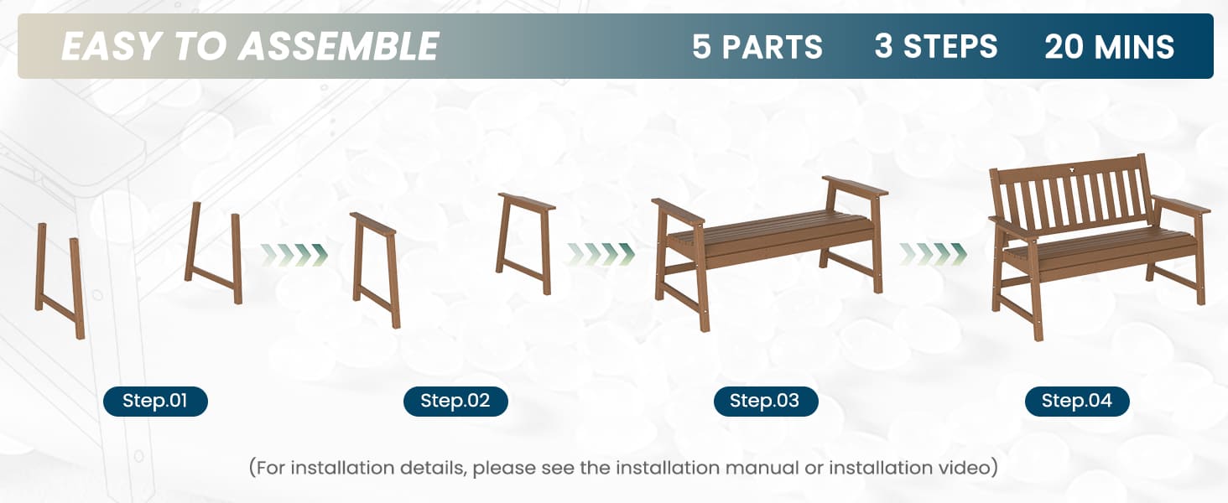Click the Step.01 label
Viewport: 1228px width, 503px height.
tap(155, 401)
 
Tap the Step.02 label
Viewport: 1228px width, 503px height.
tap(455, 401)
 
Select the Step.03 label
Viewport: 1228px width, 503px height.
tap(765, 401)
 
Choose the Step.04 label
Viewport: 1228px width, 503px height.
tap(1077, 401)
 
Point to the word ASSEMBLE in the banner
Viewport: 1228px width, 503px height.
tap(338, 46)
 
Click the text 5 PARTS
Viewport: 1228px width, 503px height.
tap(757, 47)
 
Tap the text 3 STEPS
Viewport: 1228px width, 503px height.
tap(936, 47)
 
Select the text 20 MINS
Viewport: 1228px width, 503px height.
tap(1109, 47)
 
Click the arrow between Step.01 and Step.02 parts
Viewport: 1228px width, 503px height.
tap(294, 255)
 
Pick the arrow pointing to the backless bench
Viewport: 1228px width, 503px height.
tap(601, 254)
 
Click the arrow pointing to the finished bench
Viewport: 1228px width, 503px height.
tap(933, 254)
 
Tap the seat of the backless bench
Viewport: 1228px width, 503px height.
tap(771, 234)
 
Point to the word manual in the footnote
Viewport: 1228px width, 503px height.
tap(761, 468)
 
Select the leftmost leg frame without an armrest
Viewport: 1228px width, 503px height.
tap(60, 281)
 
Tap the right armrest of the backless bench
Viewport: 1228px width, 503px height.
tap(855, 186)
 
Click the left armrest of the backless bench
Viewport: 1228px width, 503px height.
tap(678, 211)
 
